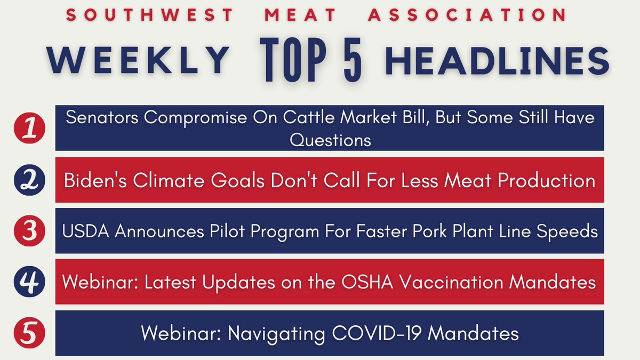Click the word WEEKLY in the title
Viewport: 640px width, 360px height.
[x=138, y=60]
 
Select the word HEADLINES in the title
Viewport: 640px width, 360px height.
[x=497, y=60]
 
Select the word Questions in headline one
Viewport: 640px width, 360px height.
[x=330, y=140]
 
